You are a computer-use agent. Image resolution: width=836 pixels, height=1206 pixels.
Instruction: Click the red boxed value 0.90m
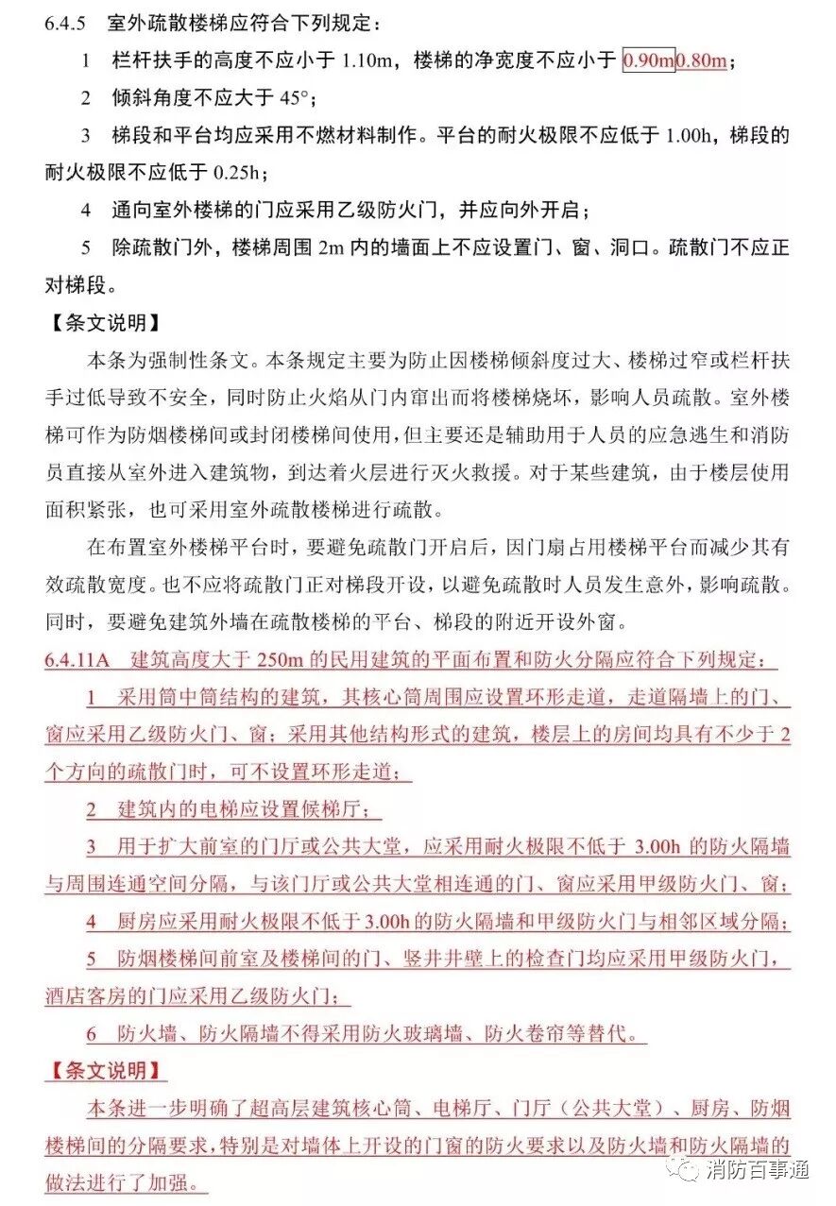pyautogui.click(x=649, y=61)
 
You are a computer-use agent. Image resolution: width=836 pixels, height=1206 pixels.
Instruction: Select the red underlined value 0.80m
pyautogui.click(x=702, y=61)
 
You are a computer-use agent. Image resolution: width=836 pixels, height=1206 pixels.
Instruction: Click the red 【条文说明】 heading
pyautogui.click(x=105, y=1071)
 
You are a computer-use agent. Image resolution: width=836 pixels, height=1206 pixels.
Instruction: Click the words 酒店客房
pyautogui.click(x=86, y=996)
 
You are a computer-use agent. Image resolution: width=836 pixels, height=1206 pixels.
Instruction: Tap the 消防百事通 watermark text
pyautogui.click(x=756, y=1170)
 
